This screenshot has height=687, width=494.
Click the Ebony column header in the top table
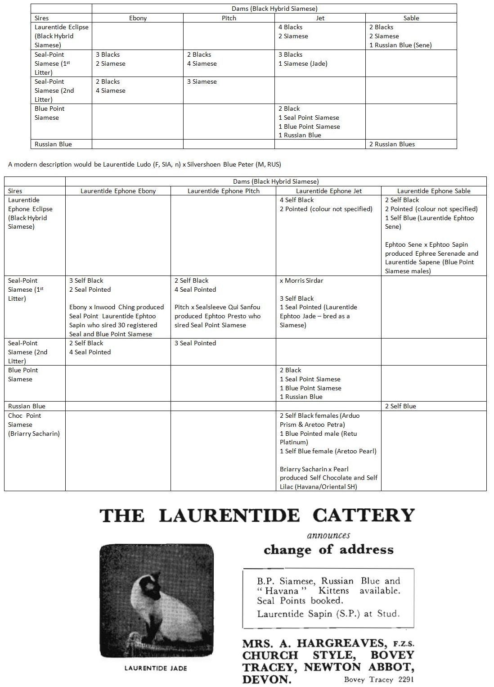[x=138, y=18]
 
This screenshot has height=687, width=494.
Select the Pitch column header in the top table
[x=229, y=18]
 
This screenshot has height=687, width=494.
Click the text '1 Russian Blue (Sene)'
[x=400, y=45]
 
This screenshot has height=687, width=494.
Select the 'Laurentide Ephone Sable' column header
[x=434, y=191]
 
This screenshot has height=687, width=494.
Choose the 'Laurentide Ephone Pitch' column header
[x=224, y=191]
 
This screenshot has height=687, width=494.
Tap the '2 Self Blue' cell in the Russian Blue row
[x=400, y=406]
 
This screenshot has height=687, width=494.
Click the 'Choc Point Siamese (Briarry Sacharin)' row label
[x=34, y=425]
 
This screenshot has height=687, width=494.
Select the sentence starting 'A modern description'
[x=144, y=164]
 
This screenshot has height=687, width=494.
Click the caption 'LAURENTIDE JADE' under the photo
[x=156, y=668]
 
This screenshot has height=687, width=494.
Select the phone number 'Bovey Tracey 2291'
[x=379, y=680]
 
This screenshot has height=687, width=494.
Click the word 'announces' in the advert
[x=328, y=535]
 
